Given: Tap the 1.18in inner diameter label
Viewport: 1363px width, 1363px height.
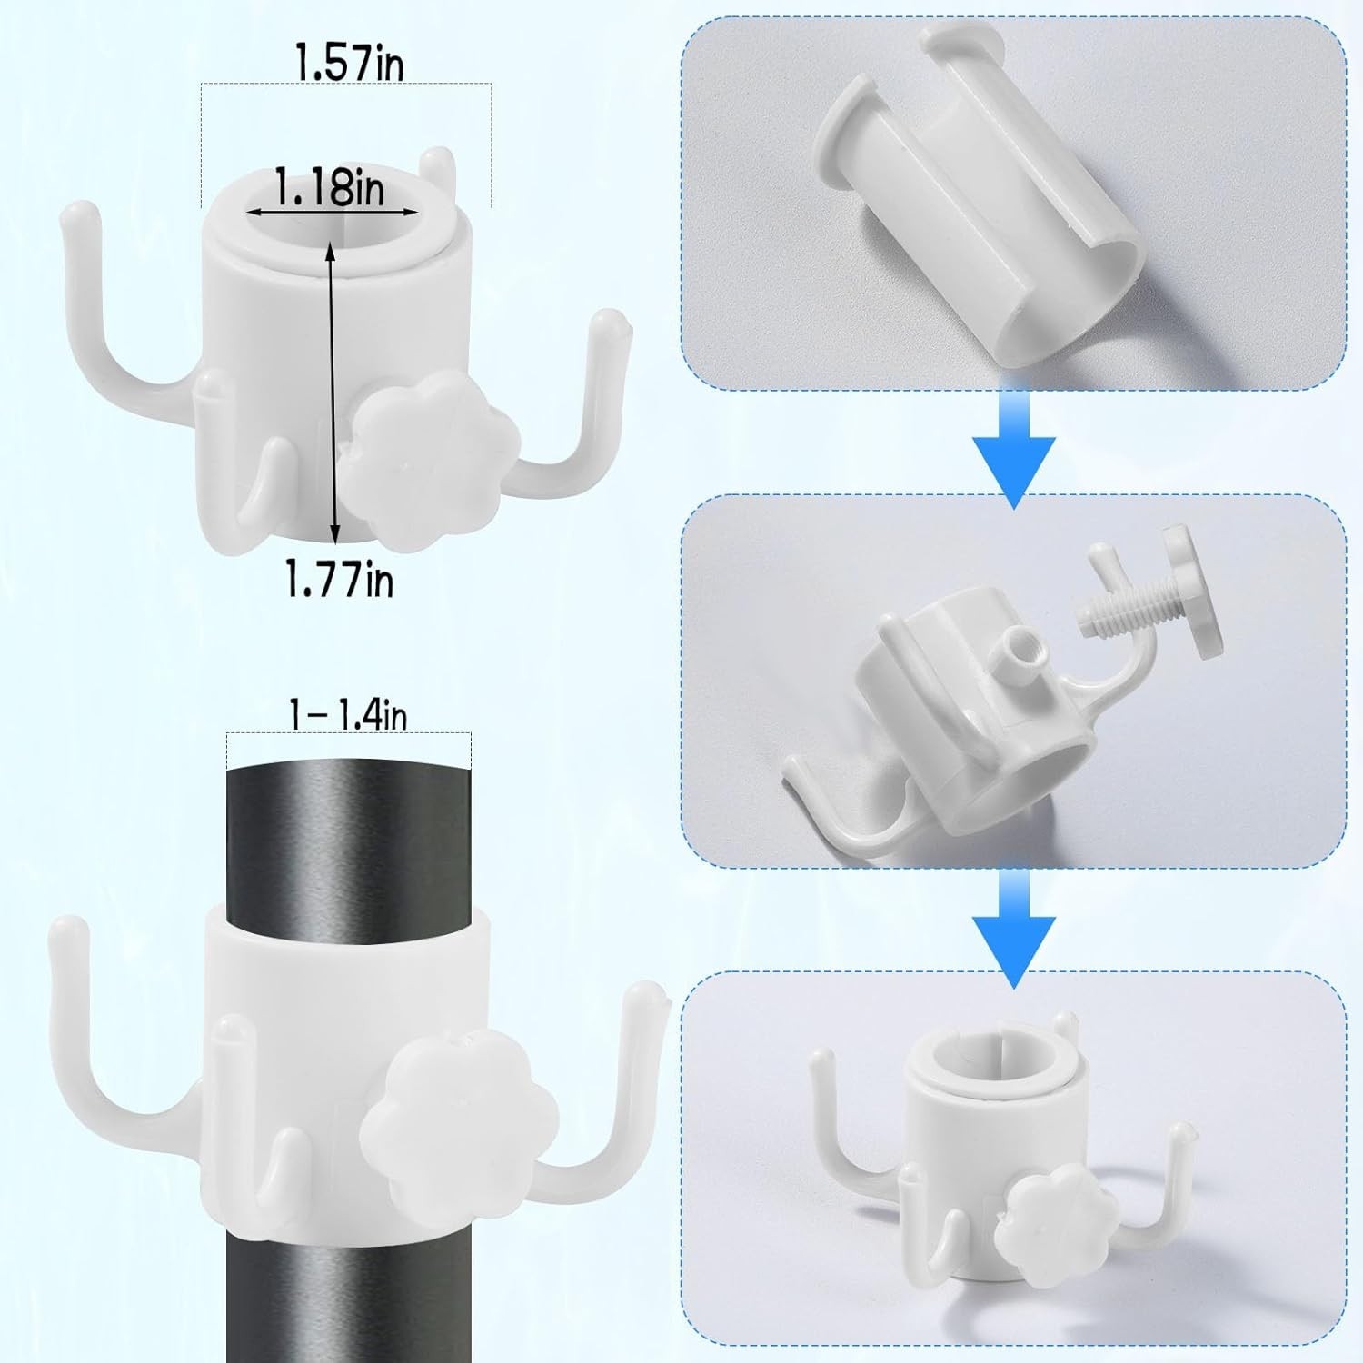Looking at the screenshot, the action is pos(330,188).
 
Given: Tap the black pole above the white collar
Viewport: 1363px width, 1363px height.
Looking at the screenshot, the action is pos(350,829).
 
